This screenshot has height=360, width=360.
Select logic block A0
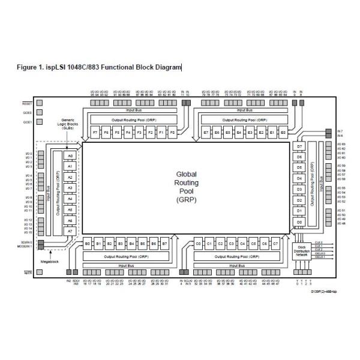click(x=70, y=155)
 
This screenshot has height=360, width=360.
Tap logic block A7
click(x=70, y=230)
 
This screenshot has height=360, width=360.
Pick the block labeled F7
click(x=95, y=131)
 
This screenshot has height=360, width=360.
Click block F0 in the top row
click(x=173, y=131)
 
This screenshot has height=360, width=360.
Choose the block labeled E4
click(x=239, y=131)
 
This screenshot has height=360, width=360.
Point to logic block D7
click(x=299, y=147)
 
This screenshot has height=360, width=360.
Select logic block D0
click(x=299, y=221)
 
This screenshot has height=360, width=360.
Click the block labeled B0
click(x=88, y=244)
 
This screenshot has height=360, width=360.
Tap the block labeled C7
click(x=275, y=244)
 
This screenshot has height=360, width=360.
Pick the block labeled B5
click(x=142, y=244)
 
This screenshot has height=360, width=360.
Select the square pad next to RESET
click(x=40, y=103)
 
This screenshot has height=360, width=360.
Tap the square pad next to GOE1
click(x=40, y=121)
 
